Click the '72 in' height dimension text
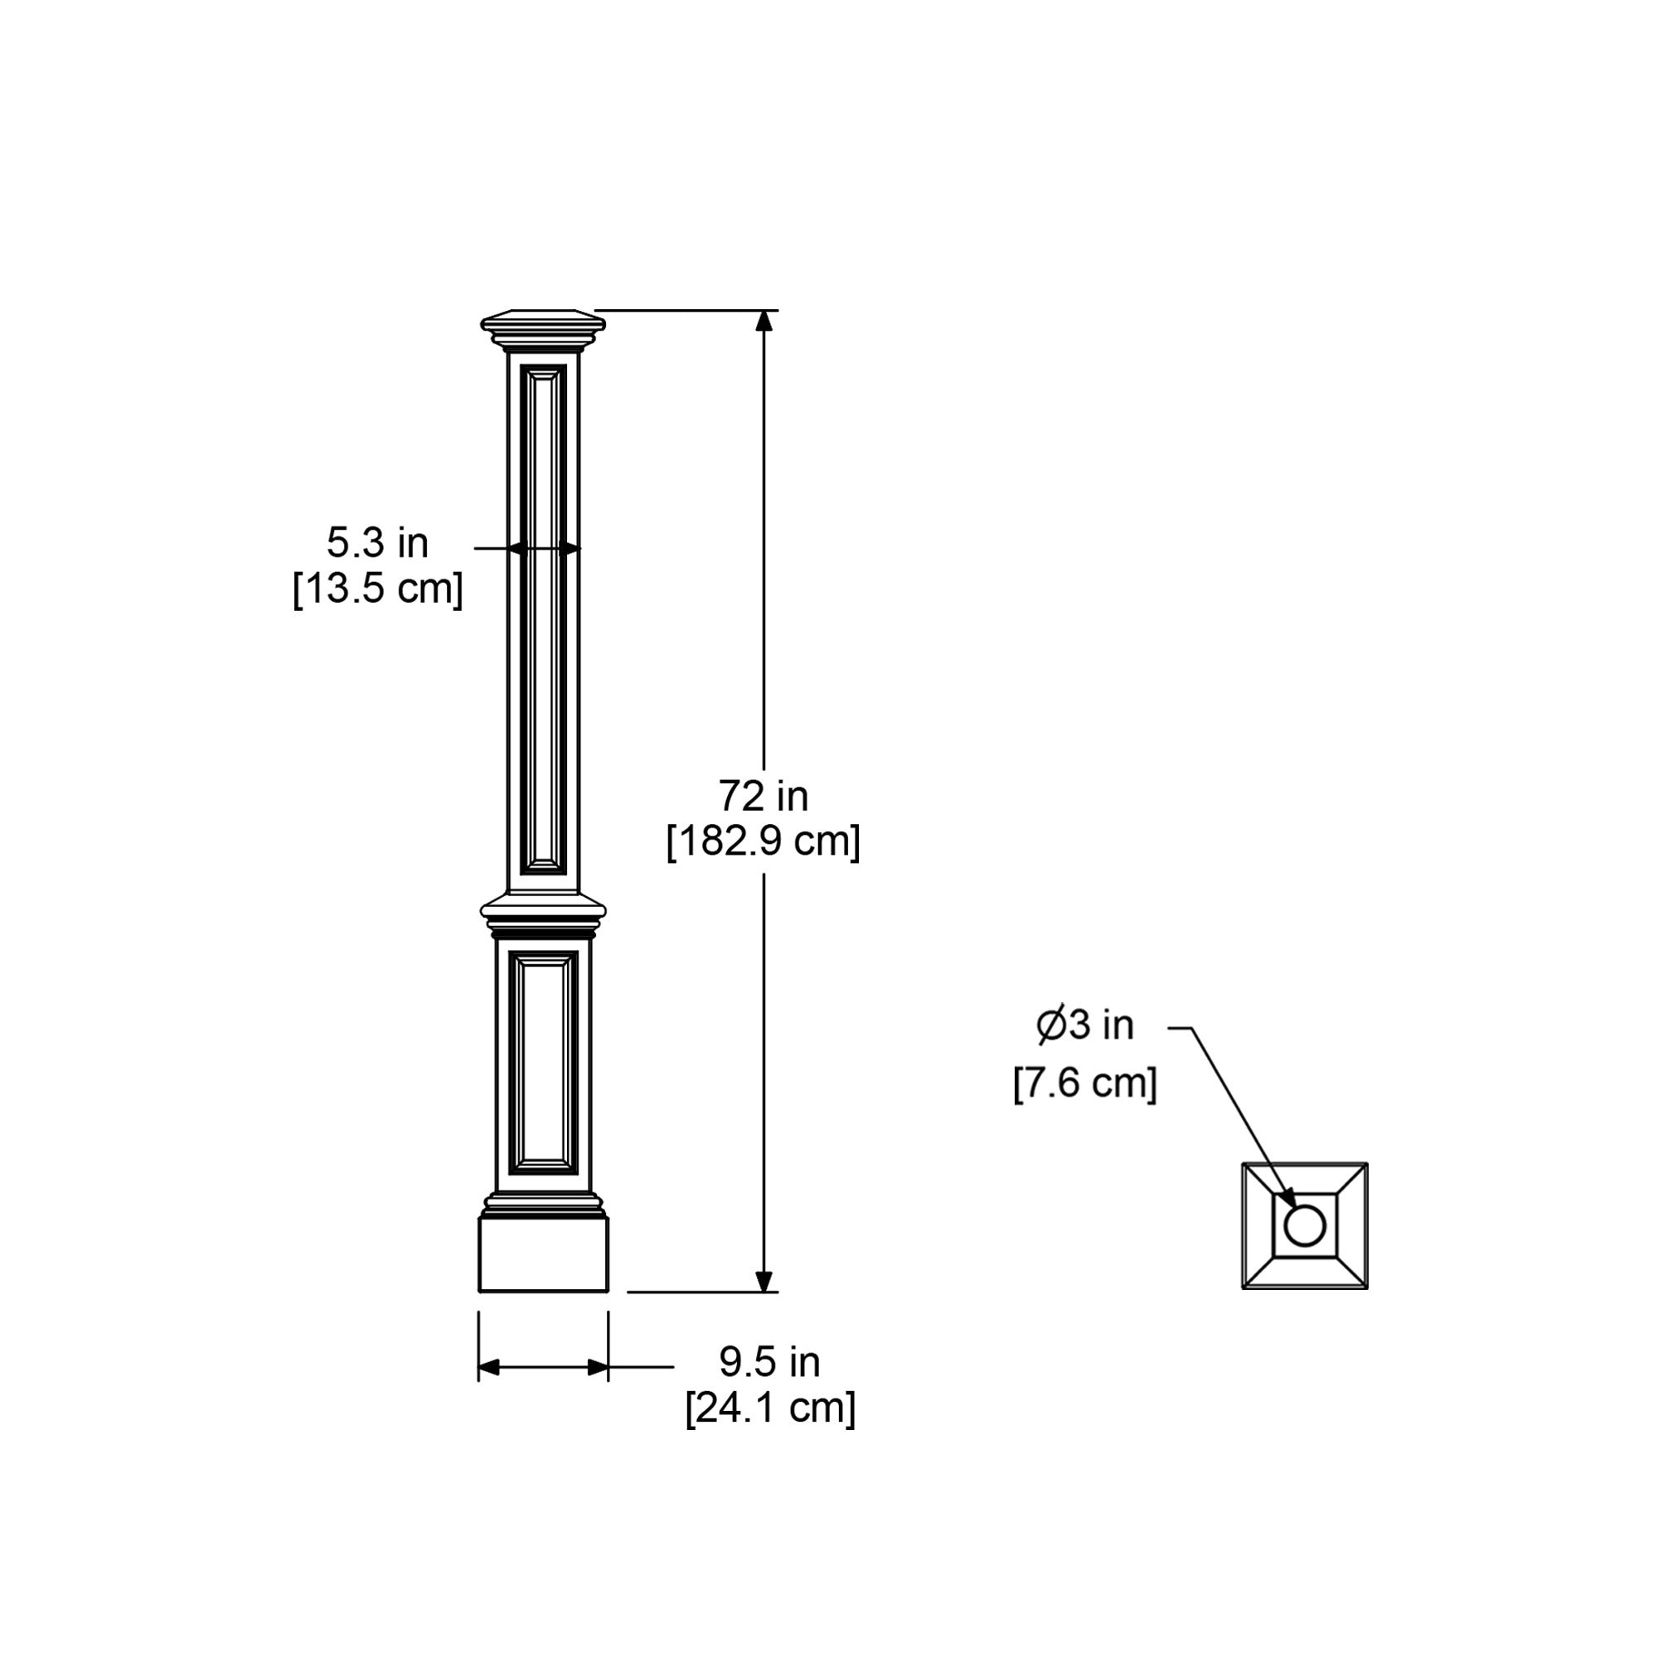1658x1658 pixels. pyautogui.click(x=763, y=797)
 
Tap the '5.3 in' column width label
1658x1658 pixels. pyautogui.click(x=376, y=542)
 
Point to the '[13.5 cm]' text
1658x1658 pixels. pyautogui.click(x=377, y=589)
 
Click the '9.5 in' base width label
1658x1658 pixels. pyautogui.click(x=769, y=1361)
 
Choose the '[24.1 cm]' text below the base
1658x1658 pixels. pyautogui.click(x=770, y=1408)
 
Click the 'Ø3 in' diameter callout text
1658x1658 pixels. pyautogui.click(x=1084, y=1025)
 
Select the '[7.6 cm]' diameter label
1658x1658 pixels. pyautogui.click(x=1084, y=1083)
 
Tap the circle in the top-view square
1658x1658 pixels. pyautogui.click(x=1304, y=1225)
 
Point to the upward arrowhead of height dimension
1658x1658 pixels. pyautogui.click(x=764, y=320)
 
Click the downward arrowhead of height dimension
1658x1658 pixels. pyautogui.click(x=764, y=1281)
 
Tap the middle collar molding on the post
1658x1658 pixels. pyautogui.click(x=543, y=912)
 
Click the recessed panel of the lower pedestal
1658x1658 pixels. pyautogui.click(x=543, y=1063)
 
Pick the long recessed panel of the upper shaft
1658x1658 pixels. pyautogui.click(x=543, y=618)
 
